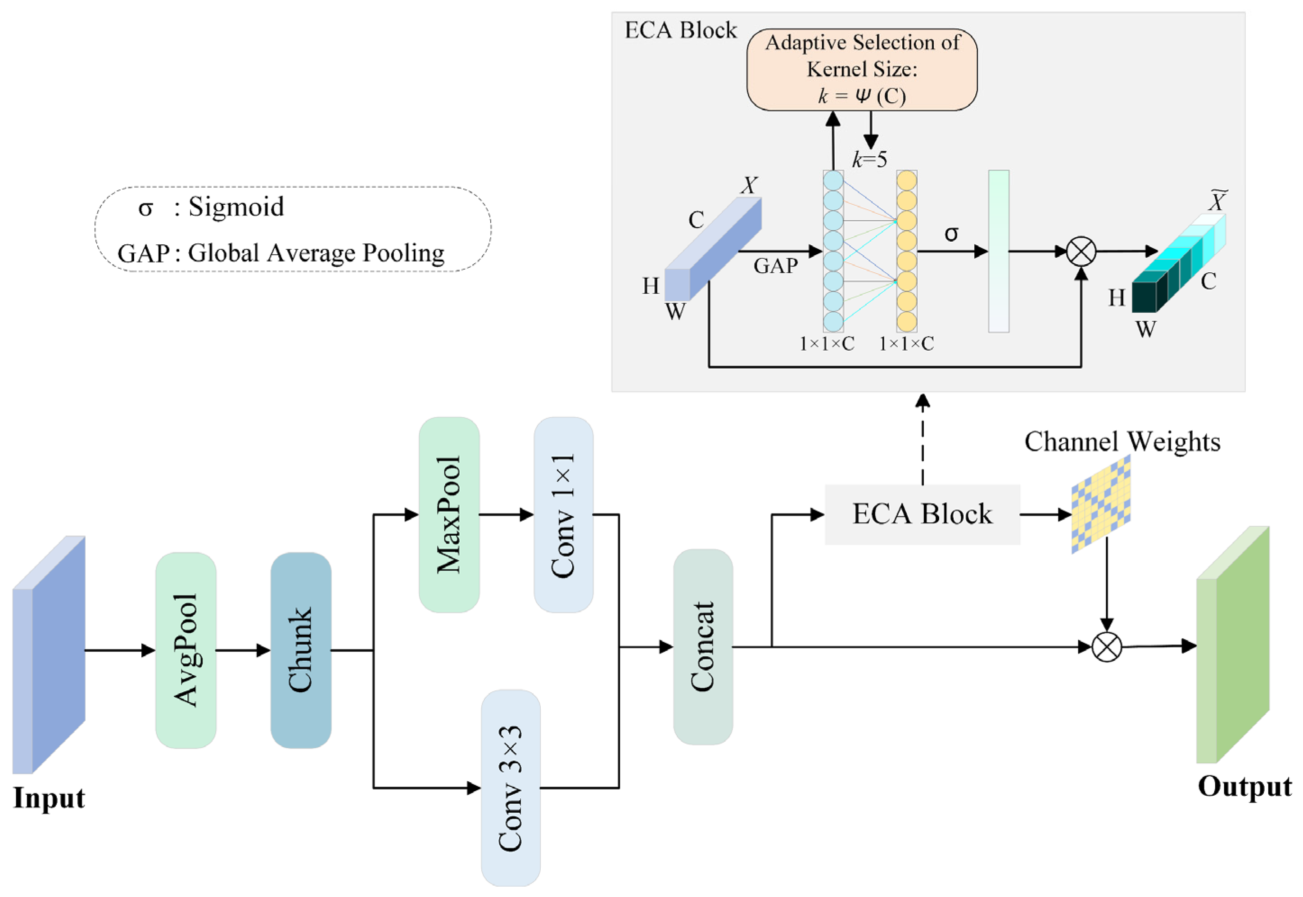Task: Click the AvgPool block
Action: tap(185, 650)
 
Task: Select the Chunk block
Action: tap(301, 650)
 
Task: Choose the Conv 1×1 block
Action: tap(563, 514)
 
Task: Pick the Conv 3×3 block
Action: tap(511, 787)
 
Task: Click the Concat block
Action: tap(703, 647)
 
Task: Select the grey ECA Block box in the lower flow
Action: tap(922, 514)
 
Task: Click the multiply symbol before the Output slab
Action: tap(1106, 647)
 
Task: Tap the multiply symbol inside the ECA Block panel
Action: tap(1081, 251)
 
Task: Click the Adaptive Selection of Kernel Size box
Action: tap(862, 70)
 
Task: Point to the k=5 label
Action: tap(869, 160)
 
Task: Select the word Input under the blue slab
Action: tap(49, 798)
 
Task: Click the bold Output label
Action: tap(1244, 787)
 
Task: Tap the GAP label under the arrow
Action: tap(776, 266)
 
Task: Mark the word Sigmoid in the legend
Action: tap(236, 207)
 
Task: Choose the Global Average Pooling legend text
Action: tap(316, 253)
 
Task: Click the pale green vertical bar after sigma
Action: tap(998, 251)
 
